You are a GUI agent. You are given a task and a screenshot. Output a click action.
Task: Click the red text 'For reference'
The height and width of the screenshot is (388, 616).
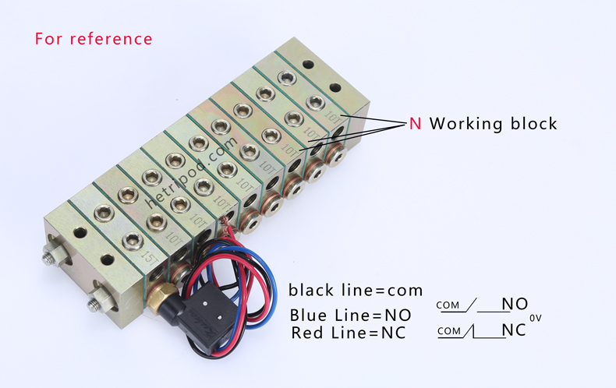pos(94,38)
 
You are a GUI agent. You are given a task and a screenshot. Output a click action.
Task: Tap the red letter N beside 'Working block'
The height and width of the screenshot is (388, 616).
pos(416,124)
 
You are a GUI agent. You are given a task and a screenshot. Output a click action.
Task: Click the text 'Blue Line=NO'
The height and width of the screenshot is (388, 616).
pos(350,316)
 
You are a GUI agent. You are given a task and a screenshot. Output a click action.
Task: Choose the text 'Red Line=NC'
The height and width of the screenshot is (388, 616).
pos(349,333)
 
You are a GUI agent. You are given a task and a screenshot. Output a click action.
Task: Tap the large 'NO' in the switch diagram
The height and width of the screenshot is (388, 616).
pos(515,304)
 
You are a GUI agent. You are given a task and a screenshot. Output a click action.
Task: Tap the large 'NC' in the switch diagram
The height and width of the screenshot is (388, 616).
pos(513,330)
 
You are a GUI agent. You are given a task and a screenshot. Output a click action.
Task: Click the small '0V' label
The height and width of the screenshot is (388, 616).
pos(535,318)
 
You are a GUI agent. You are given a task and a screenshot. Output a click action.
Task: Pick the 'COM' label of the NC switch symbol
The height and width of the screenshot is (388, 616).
pos(448,331)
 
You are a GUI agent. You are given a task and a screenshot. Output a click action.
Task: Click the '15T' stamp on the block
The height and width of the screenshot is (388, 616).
pos(148,255)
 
